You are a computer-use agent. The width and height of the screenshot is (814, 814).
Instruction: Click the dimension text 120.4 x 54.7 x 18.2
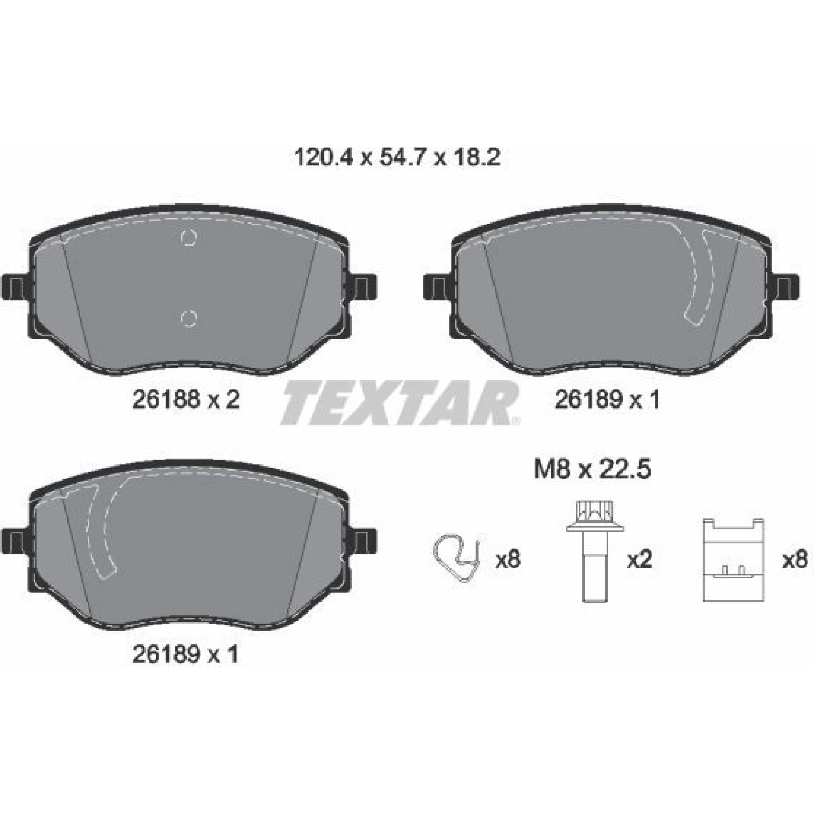coord(397,158)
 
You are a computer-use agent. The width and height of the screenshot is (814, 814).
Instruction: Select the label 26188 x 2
coord(186,400)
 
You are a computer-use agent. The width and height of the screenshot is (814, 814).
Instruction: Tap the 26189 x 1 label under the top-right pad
coord(607,400)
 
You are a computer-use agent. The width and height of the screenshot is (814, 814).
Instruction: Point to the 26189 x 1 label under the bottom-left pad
coord(185,654)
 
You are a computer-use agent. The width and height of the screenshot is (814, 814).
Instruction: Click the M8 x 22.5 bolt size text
coord(592,469)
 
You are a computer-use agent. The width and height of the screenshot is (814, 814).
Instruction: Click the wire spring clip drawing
coord(456,559)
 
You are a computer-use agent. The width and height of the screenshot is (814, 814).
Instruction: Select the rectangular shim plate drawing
coord(733,560)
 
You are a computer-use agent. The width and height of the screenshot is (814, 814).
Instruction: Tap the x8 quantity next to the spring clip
coord(508,560)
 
